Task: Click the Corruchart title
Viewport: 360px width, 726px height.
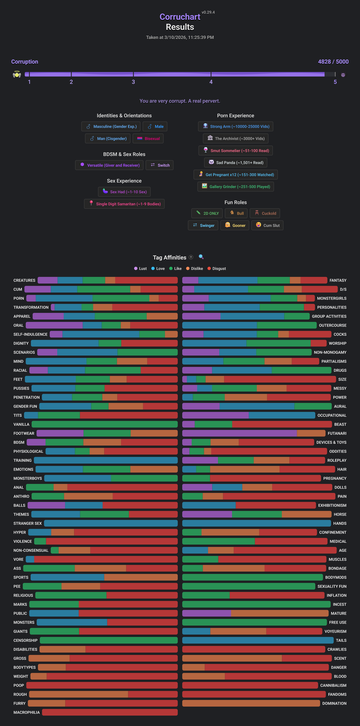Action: pos(180,17)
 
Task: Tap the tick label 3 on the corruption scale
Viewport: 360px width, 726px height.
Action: pos(133,82)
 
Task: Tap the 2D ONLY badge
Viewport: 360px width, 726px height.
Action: pos(207,213)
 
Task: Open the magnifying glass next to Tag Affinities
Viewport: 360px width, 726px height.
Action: pos(201,257)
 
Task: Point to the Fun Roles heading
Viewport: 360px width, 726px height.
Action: pos(236,202)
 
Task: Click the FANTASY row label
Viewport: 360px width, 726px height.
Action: pos(338,280)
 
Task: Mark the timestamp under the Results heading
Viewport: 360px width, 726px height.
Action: pos(180,38)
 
